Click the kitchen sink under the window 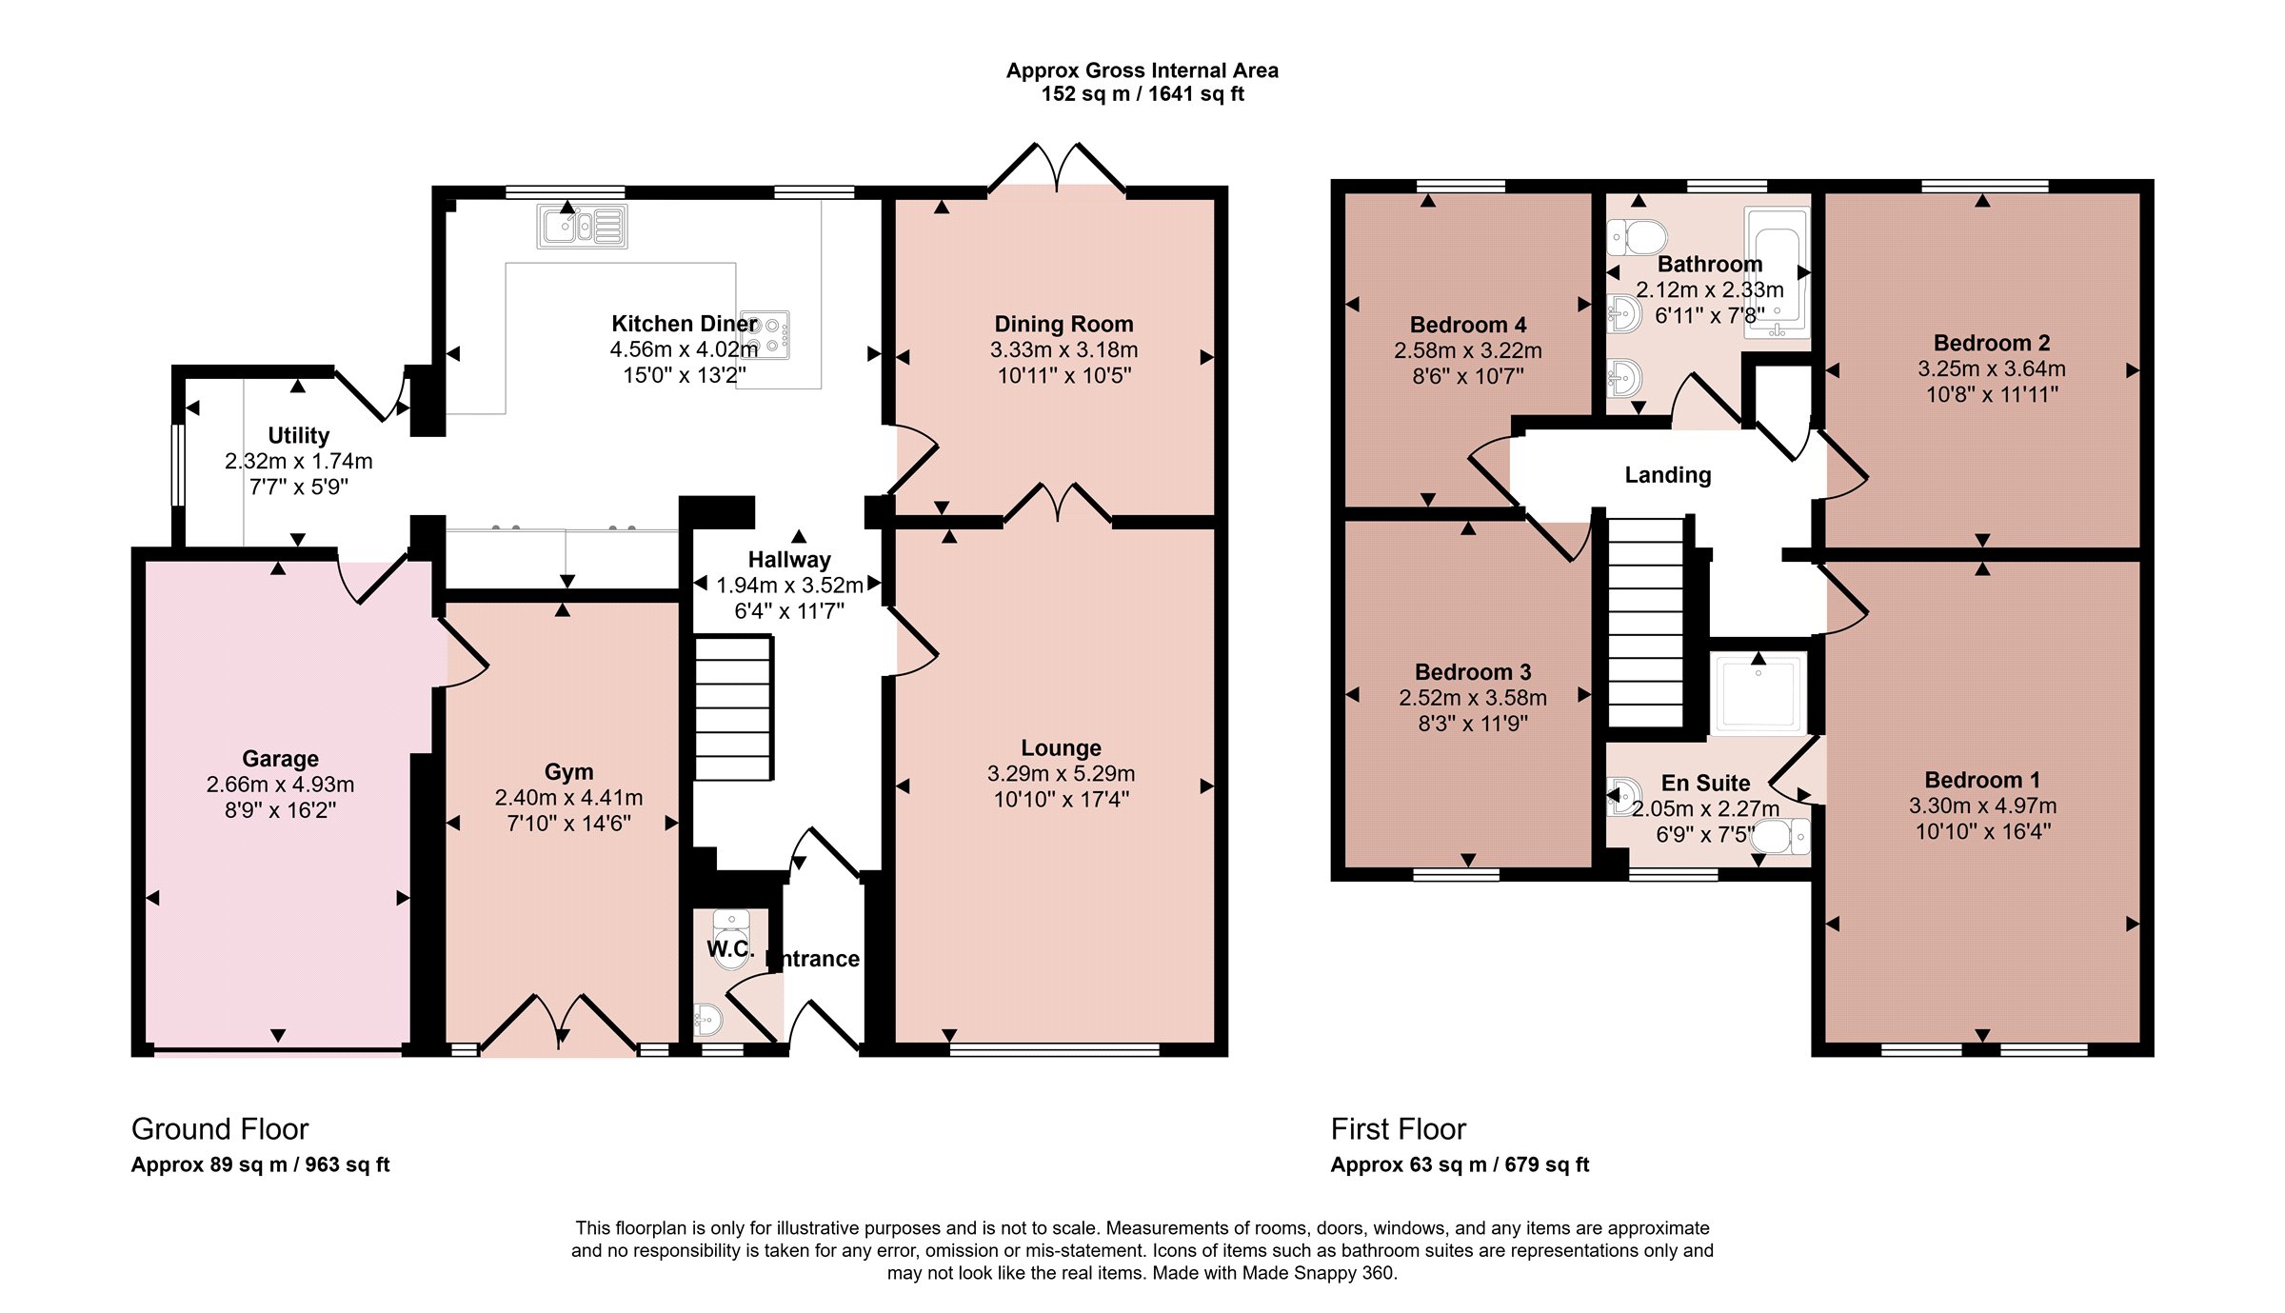click(582, 227)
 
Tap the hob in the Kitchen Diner click(765, 336)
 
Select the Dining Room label click(1063, 325)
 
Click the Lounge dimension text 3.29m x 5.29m click(1061, 773)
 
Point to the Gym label click(568, 772)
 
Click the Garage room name click(280, 759)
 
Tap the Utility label click(298, 435)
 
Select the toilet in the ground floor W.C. click(731, 939)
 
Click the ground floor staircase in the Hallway click(732, 708)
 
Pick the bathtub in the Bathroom click(1777, 273)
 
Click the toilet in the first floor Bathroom click(1638, 237)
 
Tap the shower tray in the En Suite click(1758, 694)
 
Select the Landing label click(1667, 475)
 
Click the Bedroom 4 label click(1468, 326)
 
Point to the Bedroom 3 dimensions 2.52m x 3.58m click(1473, 698)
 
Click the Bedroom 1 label click(1982, 781)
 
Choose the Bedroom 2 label click(1992, 343)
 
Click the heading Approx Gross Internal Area click(1142, 70)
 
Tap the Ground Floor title click(220, 1129)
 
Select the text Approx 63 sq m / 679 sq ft click(1460, 1164)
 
